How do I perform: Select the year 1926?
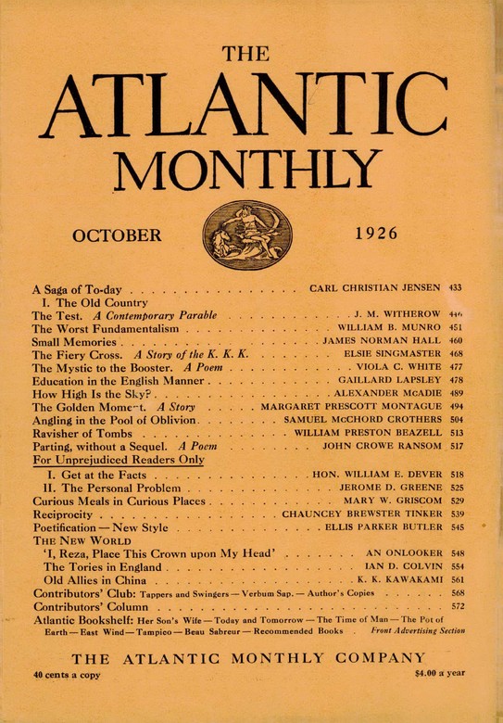(382, 235)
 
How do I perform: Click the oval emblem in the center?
(247, 235)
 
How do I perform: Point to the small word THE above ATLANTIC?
(250, 54)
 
